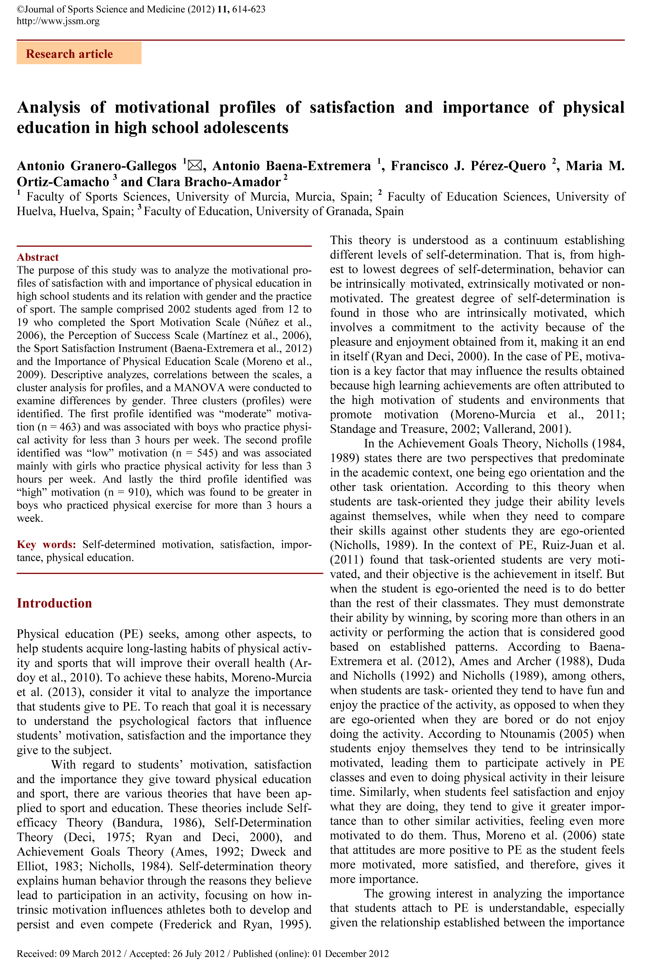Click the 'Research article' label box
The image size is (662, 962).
pos(79,54)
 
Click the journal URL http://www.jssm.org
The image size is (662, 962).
pos(58,21)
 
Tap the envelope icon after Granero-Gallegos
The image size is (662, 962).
pos(195,165)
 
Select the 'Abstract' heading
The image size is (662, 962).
pos(38,257)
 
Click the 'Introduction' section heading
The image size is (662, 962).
pos(54,603)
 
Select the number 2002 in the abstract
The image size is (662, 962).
pos(179,309)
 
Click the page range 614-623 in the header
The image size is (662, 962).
pos(249,9)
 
